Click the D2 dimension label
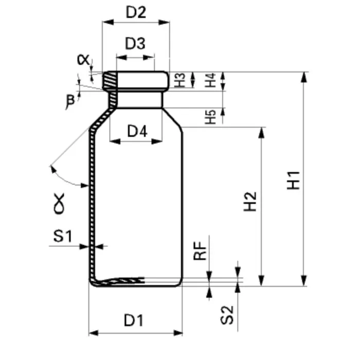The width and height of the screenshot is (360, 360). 136,12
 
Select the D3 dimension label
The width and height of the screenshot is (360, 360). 135,43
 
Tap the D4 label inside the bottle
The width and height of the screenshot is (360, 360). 137,131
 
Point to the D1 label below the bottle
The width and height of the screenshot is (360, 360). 134,320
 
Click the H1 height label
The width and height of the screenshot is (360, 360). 294,181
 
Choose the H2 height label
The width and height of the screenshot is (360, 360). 250,202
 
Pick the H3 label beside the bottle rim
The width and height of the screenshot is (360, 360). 180,80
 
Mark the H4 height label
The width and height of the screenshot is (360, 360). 210,80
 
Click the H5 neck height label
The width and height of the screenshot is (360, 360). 210,117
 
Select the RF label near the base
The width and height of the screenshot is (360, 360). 200,251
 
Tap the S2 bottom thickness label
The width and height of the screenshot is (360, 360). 227,315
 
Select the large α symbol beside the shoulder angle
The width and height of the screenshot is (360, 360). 59,204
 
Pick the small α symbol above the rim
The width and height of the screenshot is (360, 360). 83,60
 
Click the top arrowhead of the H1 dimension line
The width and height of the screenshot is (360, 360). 304,77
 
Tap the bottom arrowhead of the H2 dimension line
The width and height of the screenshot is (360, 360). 261,281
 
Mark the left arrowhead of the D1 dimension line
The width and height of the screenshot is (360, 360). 94,333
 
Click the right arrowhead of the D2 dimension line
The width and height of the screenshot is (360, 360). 164,22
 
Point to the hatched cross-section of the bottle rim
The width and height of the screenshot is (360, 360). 110,80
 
